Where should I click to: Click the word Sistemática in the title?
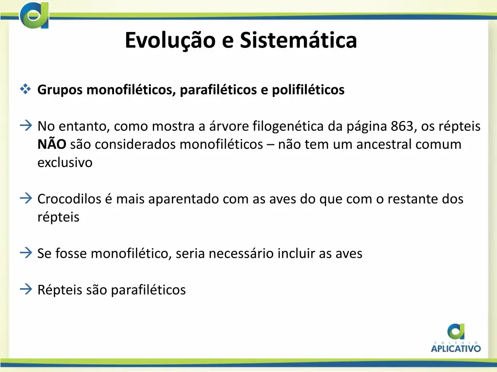coord(298,40)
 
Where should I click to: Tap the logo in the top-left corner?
coord(34,15)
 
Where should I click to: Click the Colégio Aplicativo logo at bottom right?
coord(456,338)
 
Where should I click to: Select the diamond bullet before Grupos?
coord(26,90)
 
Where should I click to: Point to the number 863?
coord(403,126)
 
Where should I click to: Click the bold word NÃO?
coord(52,144)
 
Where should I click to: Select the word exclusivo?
coord(65,163)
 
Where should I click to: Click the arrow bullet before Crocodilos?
coord(26,199)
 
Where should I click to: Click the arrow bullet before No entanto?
coord(26,126)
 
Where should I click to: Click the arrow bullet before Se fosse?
coord(26,253)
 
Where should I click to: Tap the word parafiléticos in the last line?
coord(148,290)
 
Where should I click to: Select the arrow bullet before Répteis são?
coord(26,289)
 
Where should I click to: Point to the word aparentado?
coord(184,199)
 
